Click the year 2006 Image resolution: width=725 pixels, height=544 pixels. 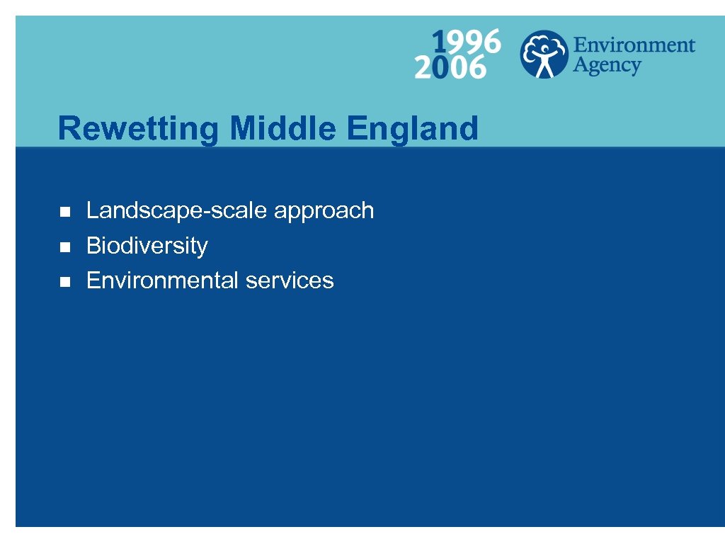click(451, 67)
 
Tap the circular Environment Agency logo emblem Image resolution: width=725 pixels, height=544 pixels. click(543, 54)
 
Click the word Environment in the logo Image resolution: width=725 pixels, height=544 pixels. click(634, 45)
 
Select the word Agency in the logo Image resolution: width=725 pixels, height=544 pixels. click(607, 66)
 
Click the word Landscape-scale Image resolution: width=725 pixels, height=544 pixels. click(177, 210)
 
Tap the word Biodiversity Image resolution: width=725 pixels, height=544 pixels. click(147, 246)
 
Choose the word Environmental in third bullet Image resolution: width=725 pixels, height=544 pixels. click(162, 280)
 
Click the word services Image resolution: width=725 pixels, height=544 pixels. click(290, 280)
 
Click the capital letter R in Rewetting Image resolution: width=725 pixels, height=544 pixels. click(67, 129)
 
